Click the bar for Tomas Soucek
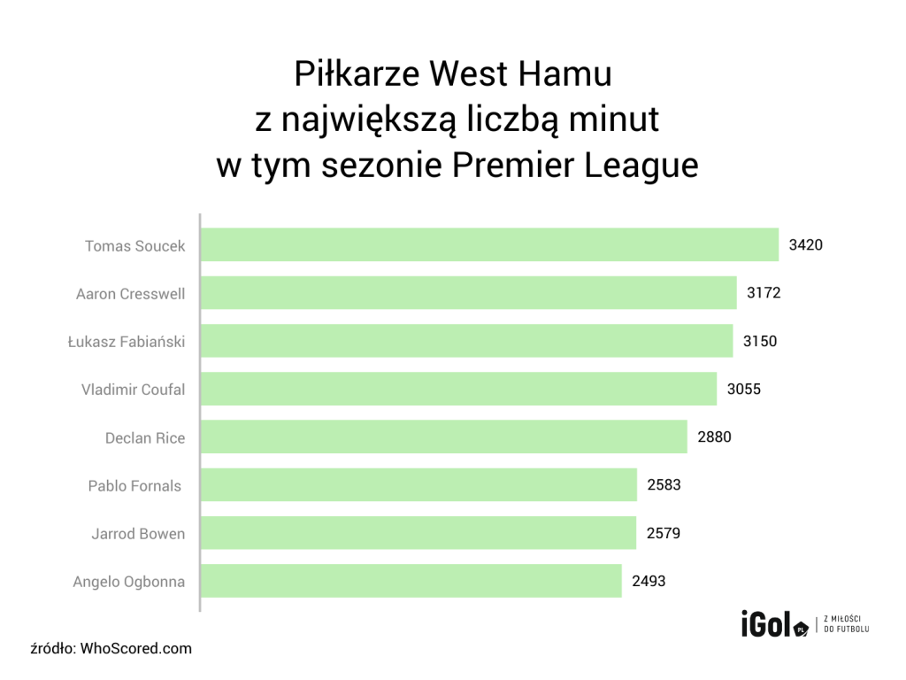click(489, 244)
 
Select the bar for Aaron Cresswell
click(468, 293)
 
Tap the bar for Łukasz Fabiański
click(466, 341)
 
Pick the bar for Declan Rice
click(443, 437)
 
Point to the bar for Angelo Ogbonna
click(411, 582)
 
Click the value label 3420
click(806, 245)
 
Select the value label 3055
click(744, 389)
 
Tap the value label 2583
click(664, 485)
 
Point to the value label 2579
click(664, 533)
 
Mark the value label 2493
click(649, 582)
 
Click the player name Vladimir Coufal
click(133, 389)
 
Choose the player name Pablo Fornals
click(134, 485)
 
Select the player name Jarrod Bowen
click(138, 533)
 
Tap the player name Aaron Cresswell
click(130, 293)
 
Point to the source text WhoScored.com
click(136, 648)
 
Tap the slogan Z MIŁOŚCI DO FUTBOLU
click(847, 623)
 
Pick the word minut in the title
click(615, 120)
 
